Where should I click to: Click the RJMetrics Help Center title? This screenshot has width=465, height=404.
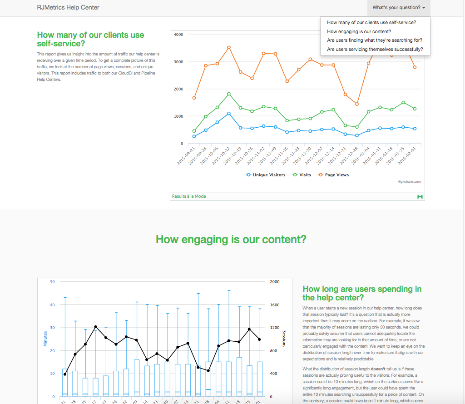click(68, 7)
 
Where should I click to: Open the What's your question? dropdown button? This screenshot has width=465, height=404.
click(399, 8)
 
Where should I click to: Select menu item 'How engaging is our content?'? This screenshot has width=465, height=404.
click(359, 31)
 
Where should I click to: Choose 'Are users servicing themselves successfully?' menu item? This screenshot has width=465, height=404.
click(375, 49)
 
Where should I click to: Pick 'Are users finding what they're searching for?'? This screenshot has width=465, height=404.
click(375, 40)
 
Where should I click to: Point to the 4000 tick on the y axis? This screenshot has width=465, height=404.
click(178, 35)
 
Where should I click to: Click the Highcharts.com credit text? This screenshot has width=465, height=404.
click(409, 182)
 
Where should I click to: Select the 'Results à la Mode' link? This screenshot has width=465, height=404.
click(189, 196)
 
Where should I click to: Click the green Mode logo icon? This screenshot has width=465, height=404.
click(420, 196)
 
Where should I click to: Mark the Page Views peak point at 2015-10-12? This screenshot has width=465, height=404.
click(229, 47)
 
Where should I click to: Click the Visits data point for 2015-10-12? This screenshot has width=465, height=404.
click(229, 94)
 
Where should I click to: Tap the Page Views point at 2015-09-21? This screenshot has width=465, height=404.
click(194, 98)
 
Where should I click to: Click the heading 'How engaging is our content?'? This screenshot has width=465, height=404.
click(231, 239)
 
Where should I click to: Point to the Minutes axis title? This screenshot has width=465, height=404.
click(45, 339)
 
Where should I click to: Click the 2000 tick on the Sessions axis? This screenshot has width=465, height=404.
click(274, 282)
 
